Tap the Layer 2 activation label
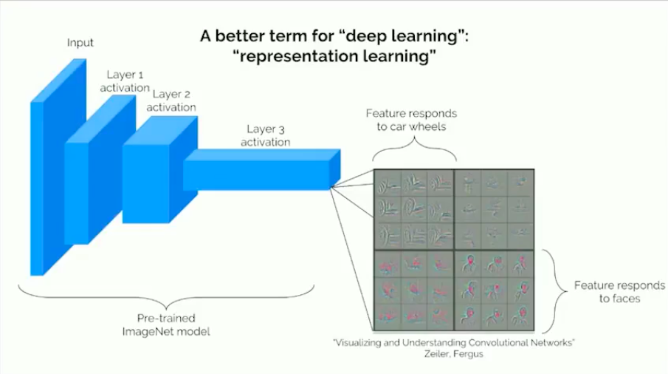(x=171, y=101)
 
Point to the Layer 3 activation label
(x=264, y=135)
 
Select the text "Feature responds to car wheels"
(x=412, y=120)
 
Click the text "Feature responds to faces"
(x=609, y=292)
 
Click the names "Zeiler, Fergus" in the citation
(x=453, y=354)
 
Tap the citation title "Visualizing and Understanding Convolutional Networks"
(x=453, y=342)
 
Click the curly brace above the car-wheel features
(x=413, y=152)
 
